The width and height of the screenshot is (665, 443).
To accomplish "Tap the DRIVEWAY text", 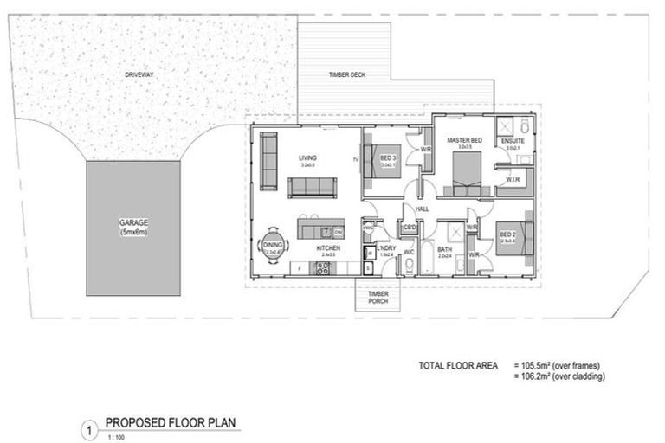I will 139,75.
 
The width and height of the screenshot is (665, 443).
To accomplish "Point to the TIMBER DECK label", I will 346,75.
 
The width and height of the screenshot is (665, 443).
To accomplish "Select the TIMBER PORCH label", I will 378,298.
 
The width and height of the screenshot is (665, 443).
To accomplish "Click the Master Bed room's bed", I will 464,177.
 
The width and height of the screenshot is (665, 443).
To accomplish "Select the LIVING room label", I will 307,157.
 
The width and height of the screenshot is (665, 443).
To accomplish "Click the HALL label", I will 423,209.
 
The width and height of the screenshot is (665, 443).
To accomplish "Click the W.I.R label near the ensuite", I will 513,179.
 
